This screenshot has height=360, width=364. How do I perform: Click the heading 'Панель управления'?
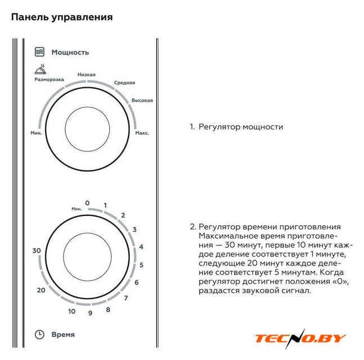pyautogui.click(x=62, y=17)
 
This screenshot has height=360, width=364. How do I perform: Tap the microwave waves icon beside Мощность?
pyautogui.click(x=39, y=52)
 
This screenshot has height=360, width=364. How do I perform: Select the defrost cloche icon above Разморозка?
pyautogui.click(x=41, y=69)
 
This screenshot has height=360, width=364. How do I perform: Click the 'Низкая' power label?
pyautogui.click(x=86, y=74)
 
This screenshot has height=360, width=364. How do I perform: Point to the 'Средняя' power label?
pyautogui.click(x=124, y=83)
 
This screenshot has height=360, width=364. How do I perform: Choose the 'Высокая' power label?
pyautogui.click(x=142, y=100)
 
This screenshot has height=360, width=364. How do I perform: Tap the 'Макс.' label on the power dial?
pyautogui.click(x=142, y=133)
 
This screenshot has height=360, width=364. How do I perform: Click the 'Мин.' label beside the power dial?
pyautogui.click(x=36, y=133)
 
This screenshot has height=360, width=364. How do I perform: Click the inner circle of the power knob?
pyautogui.click(x=87, y=129)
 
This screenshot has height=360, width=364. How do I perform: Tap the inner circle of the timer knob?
pyautogui.click(x=87, y=257)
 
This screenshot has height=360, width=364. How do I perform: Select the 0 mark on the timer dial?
pyautogui.click(x=87, y=203)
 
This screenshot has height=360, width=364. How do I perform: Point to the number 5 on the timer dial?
pyautogui.click(x=141, y=265)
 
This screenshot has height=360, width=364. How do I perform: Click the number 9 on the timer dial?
pyautogui.click(x=91, y=313)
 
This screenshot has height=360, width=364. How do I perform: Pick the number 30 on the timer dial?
pyautogui.click(x=37, y=251)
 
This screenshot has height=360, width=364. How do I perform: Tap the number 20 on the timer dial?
pyautogui.click(x=41, y=290)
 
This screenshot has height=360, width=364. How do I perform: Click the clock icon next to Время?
pyautogui.click(x=39, y=335)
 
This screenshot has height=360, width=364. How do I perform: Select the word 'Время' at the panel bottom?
pyautogui.click(x=63, y=335)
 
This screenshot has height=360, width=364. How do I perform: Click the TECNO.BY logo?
pyautogui.click(x=301, y=339)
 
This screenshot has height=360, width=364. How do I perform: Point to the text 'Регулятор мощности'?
pyautogui.click(x=241, y=127)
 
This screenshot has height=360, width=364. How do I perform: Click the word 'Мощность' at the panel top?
pyautogui.click(x=70, y=52)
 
